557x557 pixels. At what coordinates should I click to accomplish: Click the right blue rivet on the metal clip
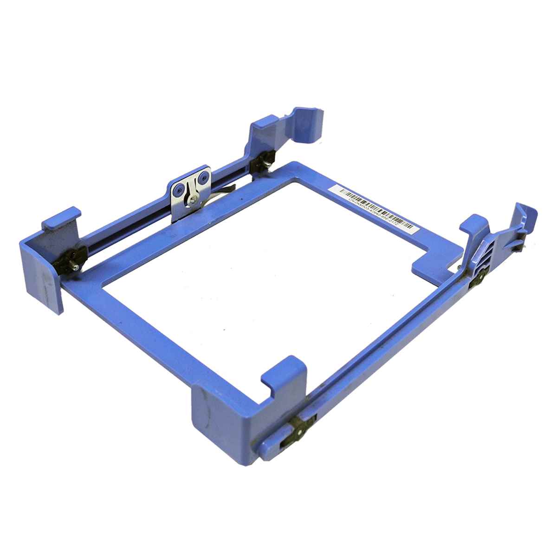point(202,177)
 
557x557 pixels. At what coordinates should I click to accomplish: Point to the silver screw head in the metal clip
point(191,200)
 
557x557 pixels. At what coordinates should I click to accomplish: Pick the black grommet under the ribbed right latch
point(478,279)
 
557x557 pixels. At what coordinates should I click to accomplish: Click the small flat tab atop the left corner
point(60,219)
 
